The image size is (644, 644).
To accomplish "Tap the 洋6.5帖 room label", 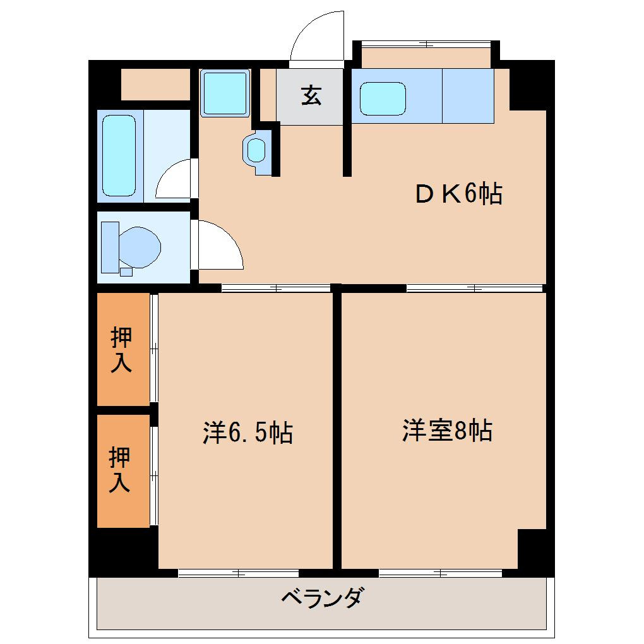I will [x=247, y=432].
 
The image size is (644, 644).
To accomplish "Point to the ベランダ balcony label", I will [x=322, y=597].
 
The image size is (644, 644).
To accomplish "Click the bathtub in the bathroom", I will [x=119, y=155].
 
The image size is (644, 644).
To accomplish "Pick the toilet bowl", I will [x=140, y=247].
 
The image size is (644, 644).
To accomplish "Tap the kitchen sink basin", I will [x=383, y=99].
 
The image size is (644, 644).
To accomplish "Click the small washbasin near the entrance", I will [x=257, y=150].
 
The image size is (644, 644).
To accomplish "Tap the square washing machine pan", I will [x=225, y=93].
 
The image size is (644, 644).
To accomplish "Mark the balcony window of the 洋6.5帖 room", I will [x=238, y=573].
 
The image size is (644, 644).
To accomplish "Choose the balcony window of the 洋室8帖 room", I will [x=440, y=573].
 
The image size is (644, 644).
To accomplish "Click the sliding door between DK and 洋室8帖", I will [x=474, y=289].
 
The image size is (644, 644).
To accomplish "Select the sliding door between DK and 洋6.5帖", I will [x=276, y=289].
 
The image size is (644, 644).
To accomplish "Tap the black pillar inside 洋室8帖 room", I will [x=532, y=549].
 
